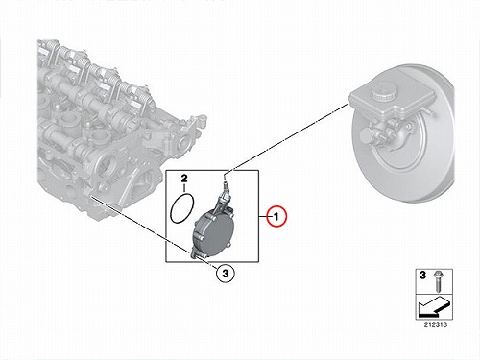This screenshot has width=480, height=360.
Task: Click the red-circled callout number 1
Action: coord(277,217)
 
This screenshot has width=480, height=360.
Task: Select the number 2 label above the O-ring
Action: coord(184,179)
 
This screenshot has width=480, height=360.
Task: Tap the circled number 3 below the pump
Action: coord(226,274)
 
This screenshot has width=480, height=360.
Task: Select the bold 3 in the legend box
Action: coord(422,276)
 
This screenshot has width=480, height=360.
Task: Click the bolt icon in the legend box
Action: coord(437,281)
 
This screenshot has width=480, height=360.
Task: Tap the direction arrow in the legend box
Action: coord(434,306)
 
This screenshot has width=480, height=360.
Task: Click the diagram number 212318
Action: coord(436,324)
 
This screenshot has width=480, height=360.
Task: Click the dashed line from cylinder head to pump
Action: coord(141,226)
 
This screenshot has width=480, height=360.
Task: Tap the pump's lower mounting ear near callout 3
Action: coord(195,254)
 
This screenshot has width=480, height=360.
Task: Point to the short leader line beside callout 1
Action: coord(263,217)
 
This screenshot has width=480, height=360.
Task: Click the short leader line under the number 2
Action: coord(184,188)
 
